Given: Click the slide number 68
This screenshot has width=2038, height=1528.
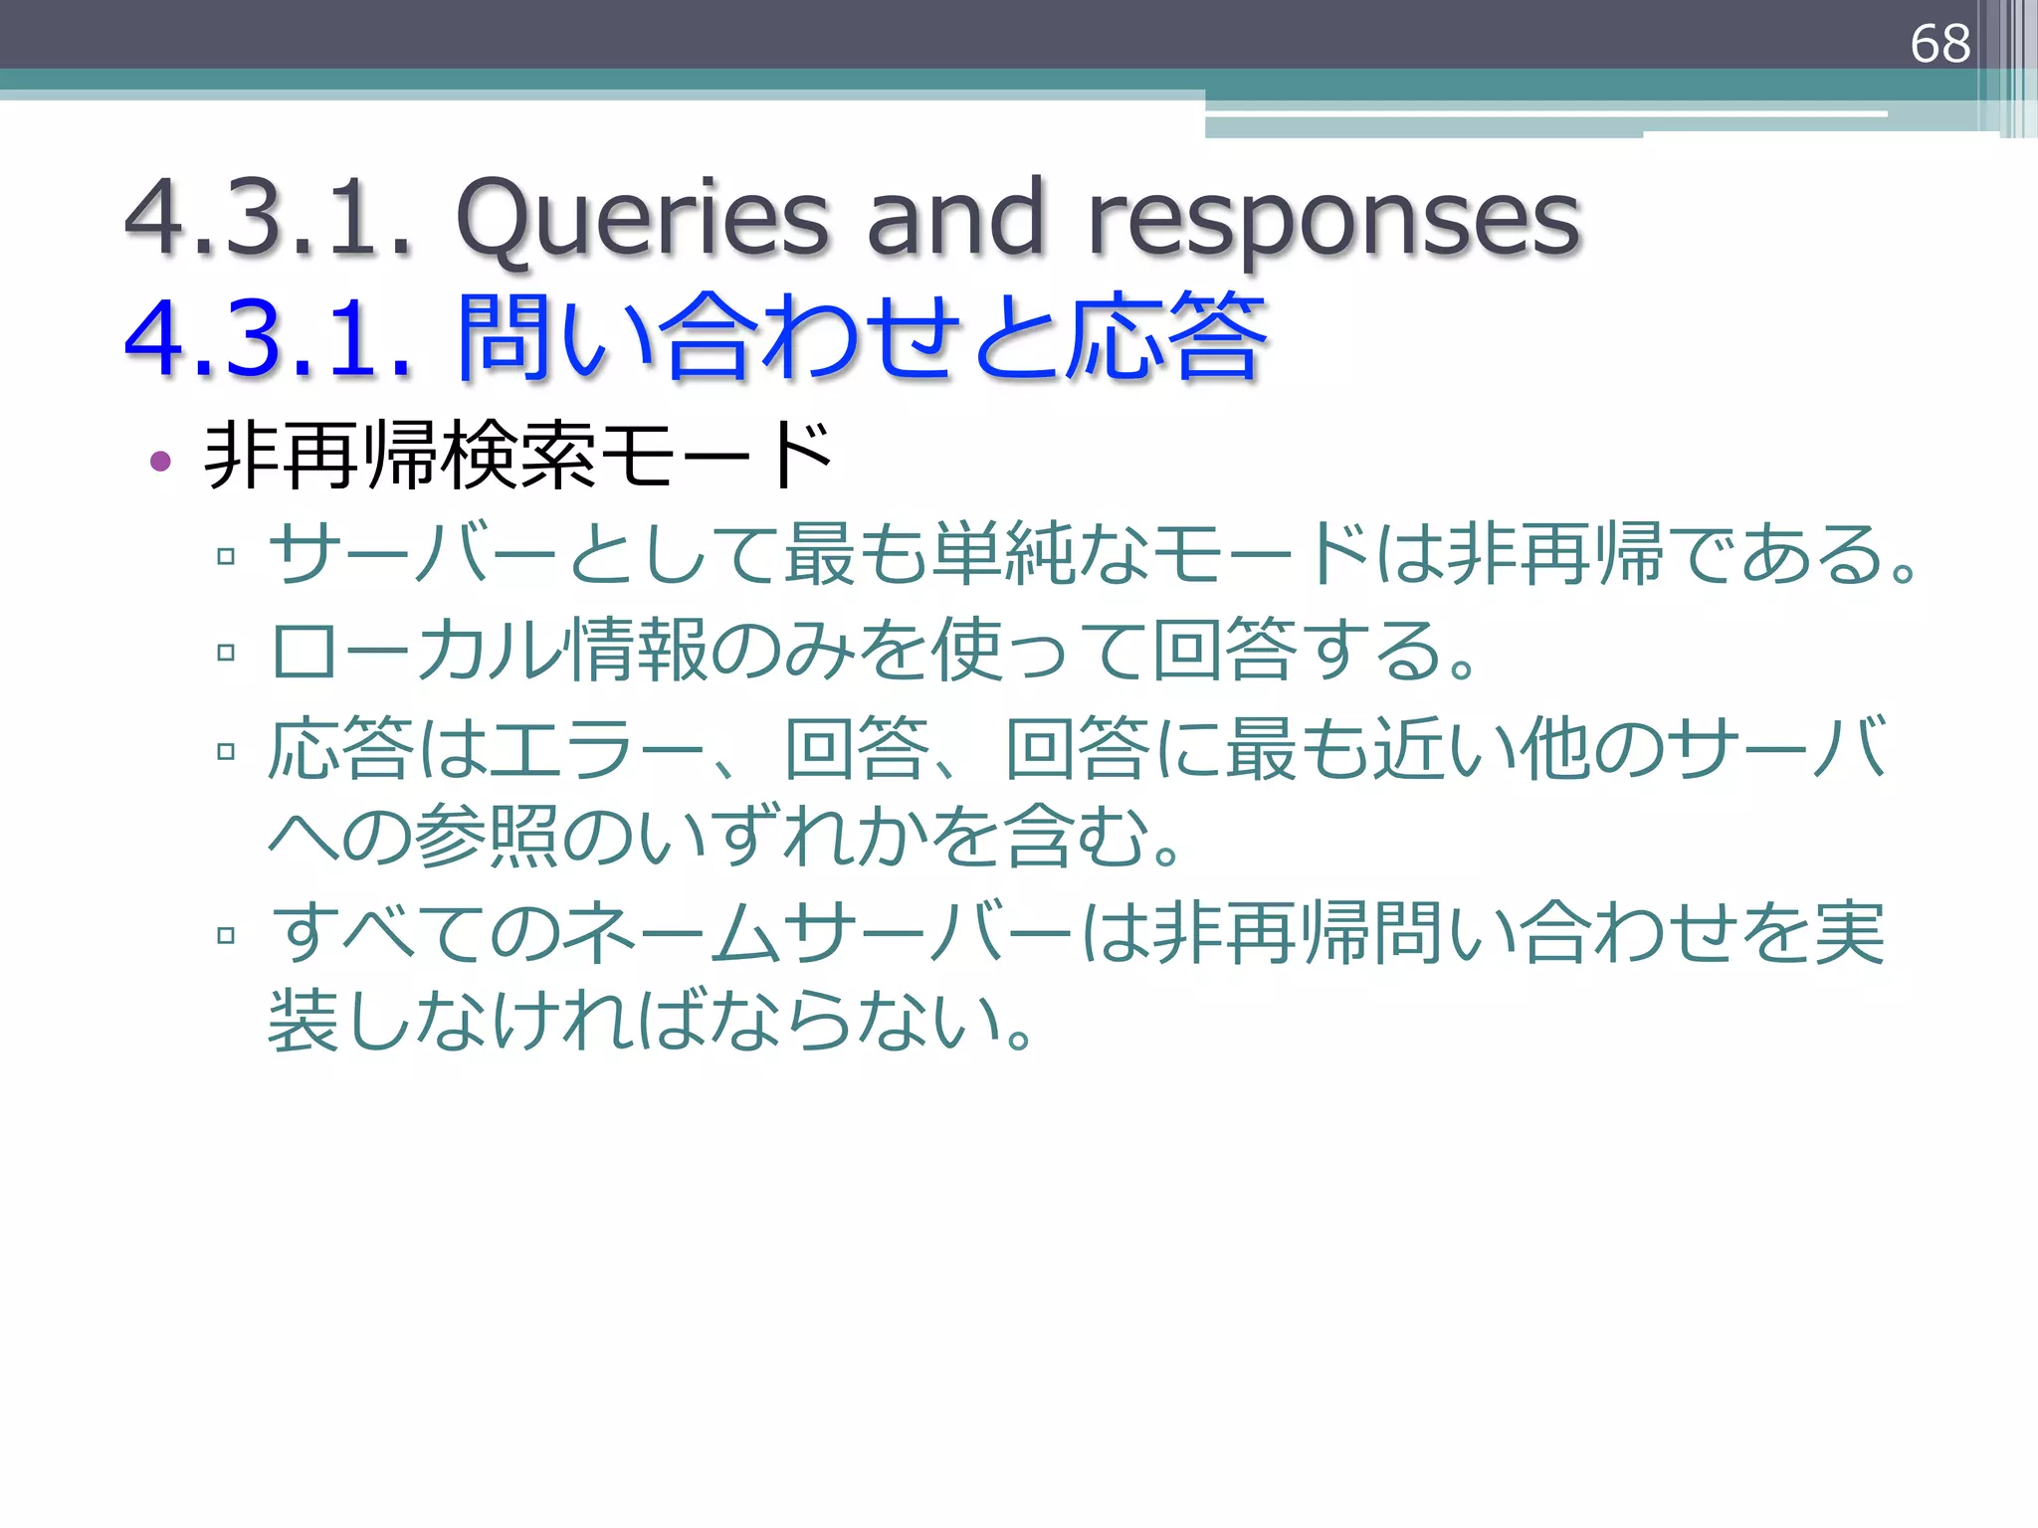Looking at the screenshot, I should pyautogui.click(x=1939, y=44).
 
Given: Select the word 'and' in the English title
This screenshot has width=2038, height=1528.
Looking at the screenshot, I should pyautogui.click(x=955, y=218).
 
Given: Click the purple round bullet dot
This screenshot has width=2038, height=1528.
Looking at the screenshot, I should pyautogui.click(x=160, y=461).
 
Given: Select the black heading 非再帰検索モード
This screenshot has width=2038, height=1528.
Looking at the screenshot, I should pyautogui.click(x=517, y=456).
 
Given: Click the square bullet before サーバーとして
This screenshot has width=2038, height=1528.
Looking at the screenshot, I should pyautogui.click(x=226, y=556).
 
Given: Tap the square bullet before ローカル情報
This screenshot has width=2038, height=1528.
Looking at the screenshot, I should pyautogui.click(x=226, y=653).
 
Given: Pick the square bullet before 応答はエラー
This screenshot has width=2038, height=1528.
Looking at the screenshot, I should pyautogui.click(x=226, y=751).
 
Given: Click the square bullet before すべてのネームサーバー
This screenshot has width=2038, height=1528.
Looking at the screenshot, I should pyautogui.click(x=226, y=935).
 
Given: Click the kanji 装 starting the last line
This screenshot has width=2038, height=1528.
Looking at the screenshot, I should pyautogui.click(x=305, y=1021).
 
